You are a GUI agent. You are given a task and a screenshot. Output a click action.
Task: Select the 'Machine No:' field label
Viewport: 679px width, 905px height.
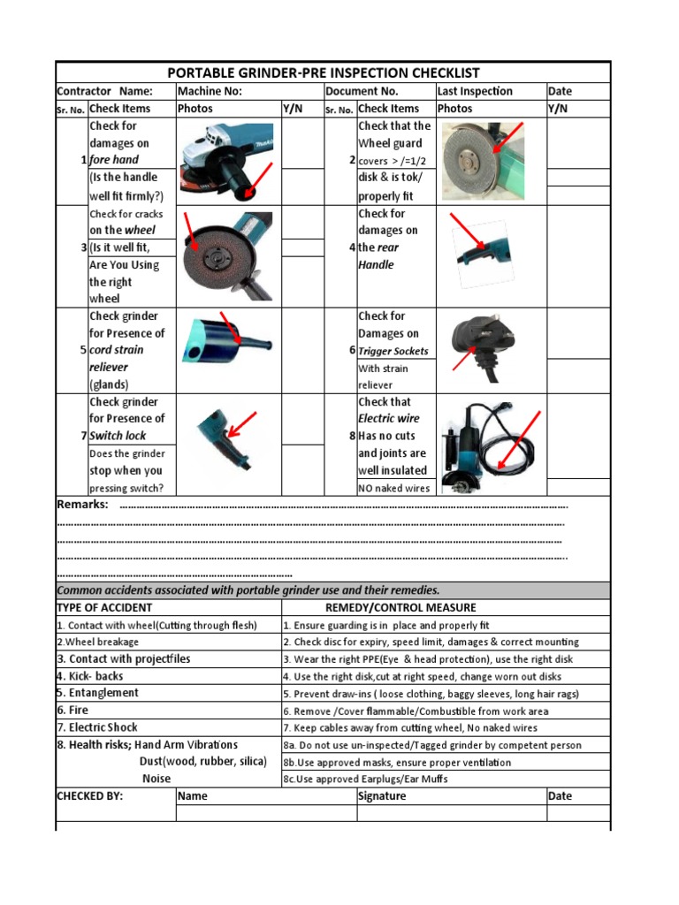(x=210, y=91)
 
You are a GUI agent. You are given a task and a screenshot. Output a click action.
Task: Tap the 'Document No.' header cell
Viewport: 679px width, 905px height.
(x=362, y=91)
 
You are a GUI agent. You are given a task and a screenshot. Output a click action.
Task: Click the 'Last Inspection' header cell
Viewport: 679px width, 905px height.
(x=475, y=91)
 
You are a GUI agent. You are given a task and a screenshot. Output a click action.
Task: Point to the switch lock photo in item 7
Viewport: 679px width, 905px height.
(x=223, y=437)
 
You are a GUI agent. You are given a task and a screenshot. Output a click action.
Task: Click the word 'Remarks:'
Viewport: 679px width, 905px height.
(x=82, y=505)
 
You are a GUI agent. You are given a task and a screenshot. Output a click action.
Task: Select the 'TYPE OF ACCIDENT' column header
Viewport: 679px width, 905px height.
(x=104, y=607)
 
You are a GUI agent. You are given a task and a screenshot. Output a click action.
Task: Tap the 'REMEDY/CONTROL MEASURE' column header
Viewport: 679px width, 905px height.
(x=401, y=607)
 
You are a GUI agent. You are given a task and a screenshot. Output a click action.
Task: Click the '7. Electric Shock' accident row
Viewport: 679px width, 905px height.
(x=97, y=727)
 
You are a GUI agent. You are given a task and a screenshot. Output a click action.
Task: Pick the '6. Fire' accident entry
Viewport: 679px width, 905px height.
(x=72, y=710)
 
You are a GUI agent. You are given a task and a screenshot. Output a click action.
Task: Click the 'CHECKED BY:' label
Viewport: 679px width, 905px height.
(x=89, y=795)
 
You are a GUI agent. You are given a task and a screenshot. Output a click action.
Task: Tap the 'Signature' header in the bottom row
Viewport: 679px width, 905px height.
(x=382, y=795)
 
